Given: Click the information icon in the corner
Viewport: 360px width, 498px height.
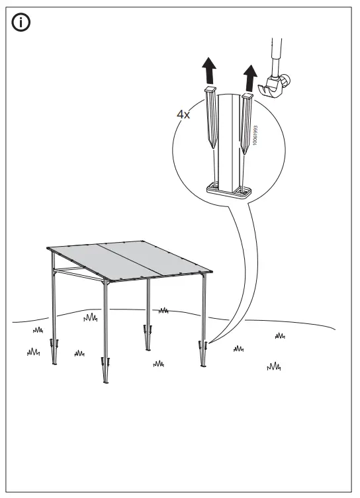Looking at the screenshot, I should [23, 23].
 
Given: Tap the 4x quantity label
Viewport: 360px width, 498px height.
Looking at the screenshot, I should [183, 114].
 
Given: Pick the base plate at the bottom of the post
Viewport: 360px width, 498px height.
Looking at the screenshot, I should [226, 192].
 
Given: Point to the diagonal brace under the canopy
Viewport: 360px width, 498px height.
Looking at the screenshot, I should [73, 268].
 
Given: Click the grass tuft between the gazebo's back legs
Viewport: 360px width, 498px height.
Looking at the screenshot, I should [163, 310].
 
